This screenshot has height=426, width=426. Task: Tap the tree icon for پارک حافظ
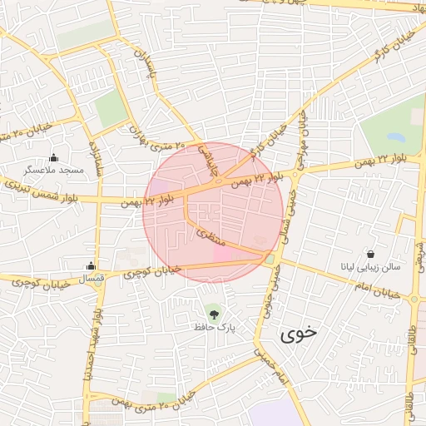click(x=215, y=315)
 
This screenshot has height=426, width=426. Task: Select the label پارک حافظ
click(x=215, y=329)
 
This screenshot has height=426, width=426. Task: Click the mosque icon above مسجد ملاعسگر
click(x=54, y=157)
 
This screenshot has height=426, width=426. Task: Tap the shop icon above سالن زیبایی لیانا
click(x=370, y=254)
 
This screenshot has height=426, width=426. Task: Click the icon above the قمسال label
click(x=91, y=266)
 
